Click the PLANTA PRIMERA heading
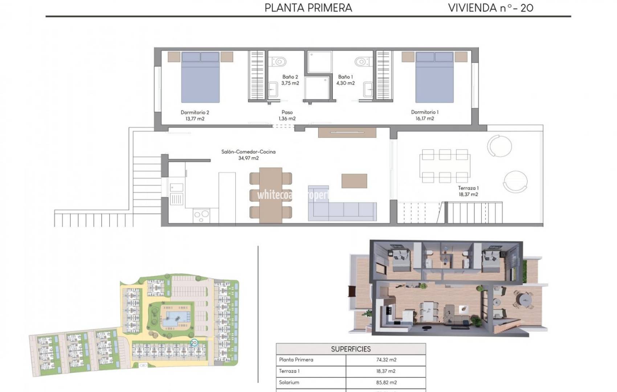click(308, 8)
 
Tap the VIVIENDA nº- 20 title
click(490, 8)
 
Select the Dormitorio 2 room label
click(195, 112)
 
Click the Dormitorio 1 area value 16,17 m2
click(425, 119)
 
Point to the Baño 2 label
click(290, 77)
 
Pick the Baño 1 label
click(345, 77)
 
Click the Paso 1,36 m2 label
click(287, 115)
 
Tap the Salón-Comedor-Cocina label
click(248, 152)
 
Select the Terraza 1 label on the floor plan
click(468, 188)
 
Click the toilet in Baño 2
click(278, 61)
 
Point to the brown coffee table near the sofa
click(354, 181)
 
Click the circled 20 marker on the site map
click(194, 343)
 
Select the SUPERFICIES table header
click(351, 349)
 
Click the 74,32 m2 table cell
click(386, 360)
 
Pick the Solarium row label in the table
click(289, 383)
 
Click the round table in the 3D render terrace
click(524, 300)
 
